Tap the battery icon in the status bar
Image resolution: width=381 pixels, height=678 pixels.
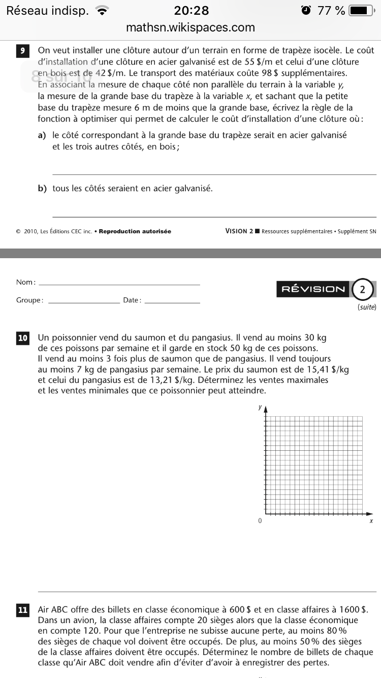point(362,10)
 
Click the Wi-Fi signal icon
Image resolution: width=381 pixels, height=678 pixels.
point(103,11)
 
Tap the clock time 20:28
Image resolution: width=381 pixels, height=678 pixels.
point(191,10)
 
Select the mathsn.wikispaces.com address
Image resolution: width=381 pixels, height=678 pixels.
point(190,27)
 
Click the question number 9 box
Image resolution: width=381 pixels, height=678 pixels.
point(23,51)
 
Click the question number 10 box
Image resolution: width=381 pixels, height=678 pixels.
point(23,337)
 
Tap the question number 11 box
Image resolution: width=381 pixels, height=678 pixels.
point(23,610)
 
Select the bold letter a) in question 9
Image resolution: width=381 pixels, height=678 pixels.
point(42,135)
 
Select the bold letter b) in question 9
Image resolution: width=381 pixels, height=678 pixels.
point(42,189)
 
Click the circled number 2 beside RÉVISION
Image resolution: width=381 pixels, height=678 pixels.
point(362,290)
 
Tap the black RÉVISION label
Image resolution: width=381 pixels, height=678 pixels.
point(313,289)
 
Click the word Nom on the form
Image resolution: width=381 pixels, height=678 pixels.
point(25,282)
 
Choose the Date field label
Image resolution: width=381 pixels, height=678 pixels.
point(132,300)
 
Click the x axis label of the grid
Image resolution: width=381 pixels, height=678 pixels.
point(371,521)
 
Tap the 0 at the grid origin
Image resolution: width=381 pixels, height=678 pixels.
point(260,521)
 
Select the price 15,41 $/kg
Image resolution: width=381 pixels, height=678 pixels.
point(328,369)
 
